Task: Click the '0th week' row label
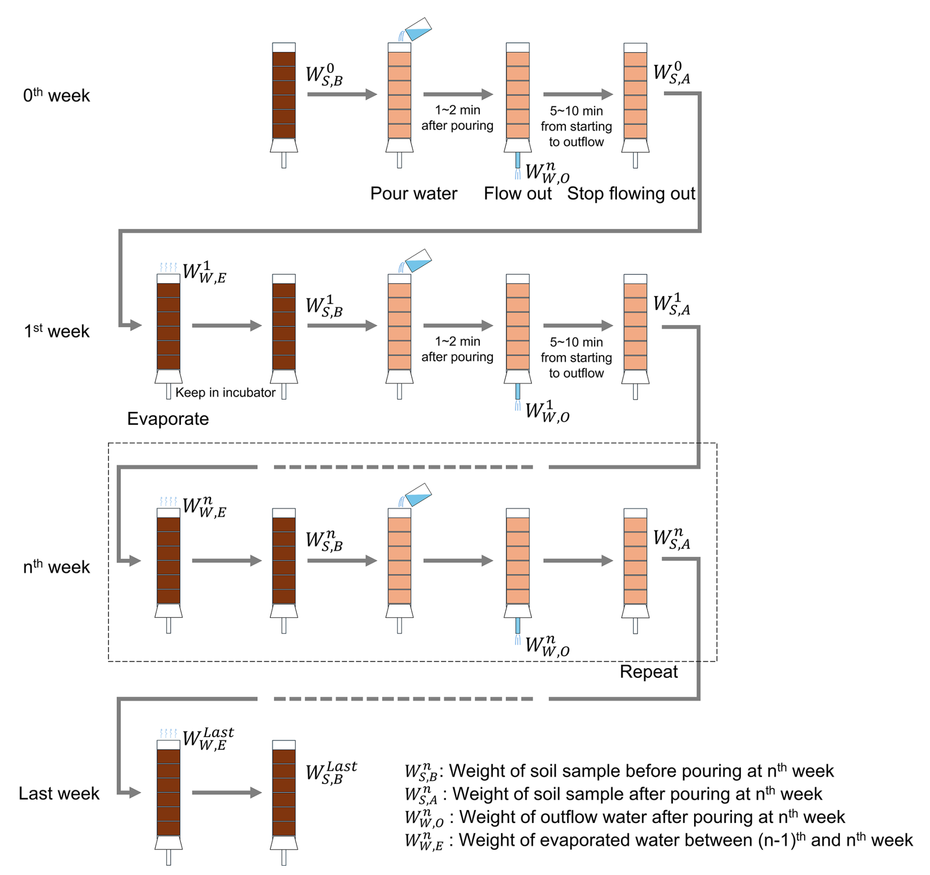coord(57,95)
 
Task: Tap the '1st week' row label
coord(57,331)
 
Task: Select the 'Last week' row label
coord(59,793)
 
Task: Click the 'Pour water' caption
coord(413,193)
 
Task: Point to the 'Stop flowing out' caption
coord(631,193)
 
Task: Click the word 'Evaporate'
coord(168,418)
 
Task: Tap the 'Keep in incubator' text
coord(225,392)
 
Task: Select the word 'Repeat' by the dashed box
coord(648,671)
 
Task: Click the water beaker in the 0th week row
coord(418,29)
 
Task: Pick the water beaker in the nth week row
coord(418,495)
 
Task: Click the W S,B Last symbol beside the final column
coord(331,772)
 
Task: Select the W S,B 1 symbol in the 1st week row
coord(324,306)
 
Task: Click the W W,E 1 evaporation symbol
coord(204,273)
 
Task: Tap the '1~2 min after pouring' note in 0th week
coord(457,117)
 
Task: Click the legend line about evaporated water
coord(659,840)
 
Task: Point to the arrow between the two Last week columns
coord(226,792)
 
